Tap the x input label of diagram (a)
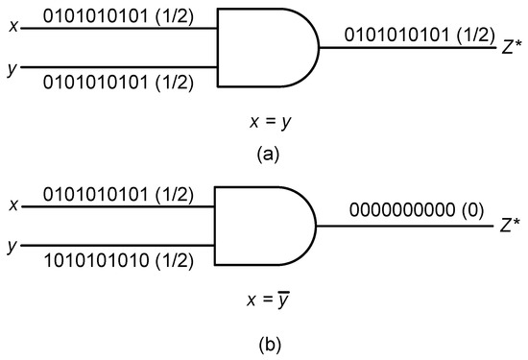coord(11,28)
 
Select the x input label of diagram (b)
coord(11,205)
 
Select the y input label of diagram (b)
coord(11,247)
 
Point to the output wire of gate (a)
coord(403,50)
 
